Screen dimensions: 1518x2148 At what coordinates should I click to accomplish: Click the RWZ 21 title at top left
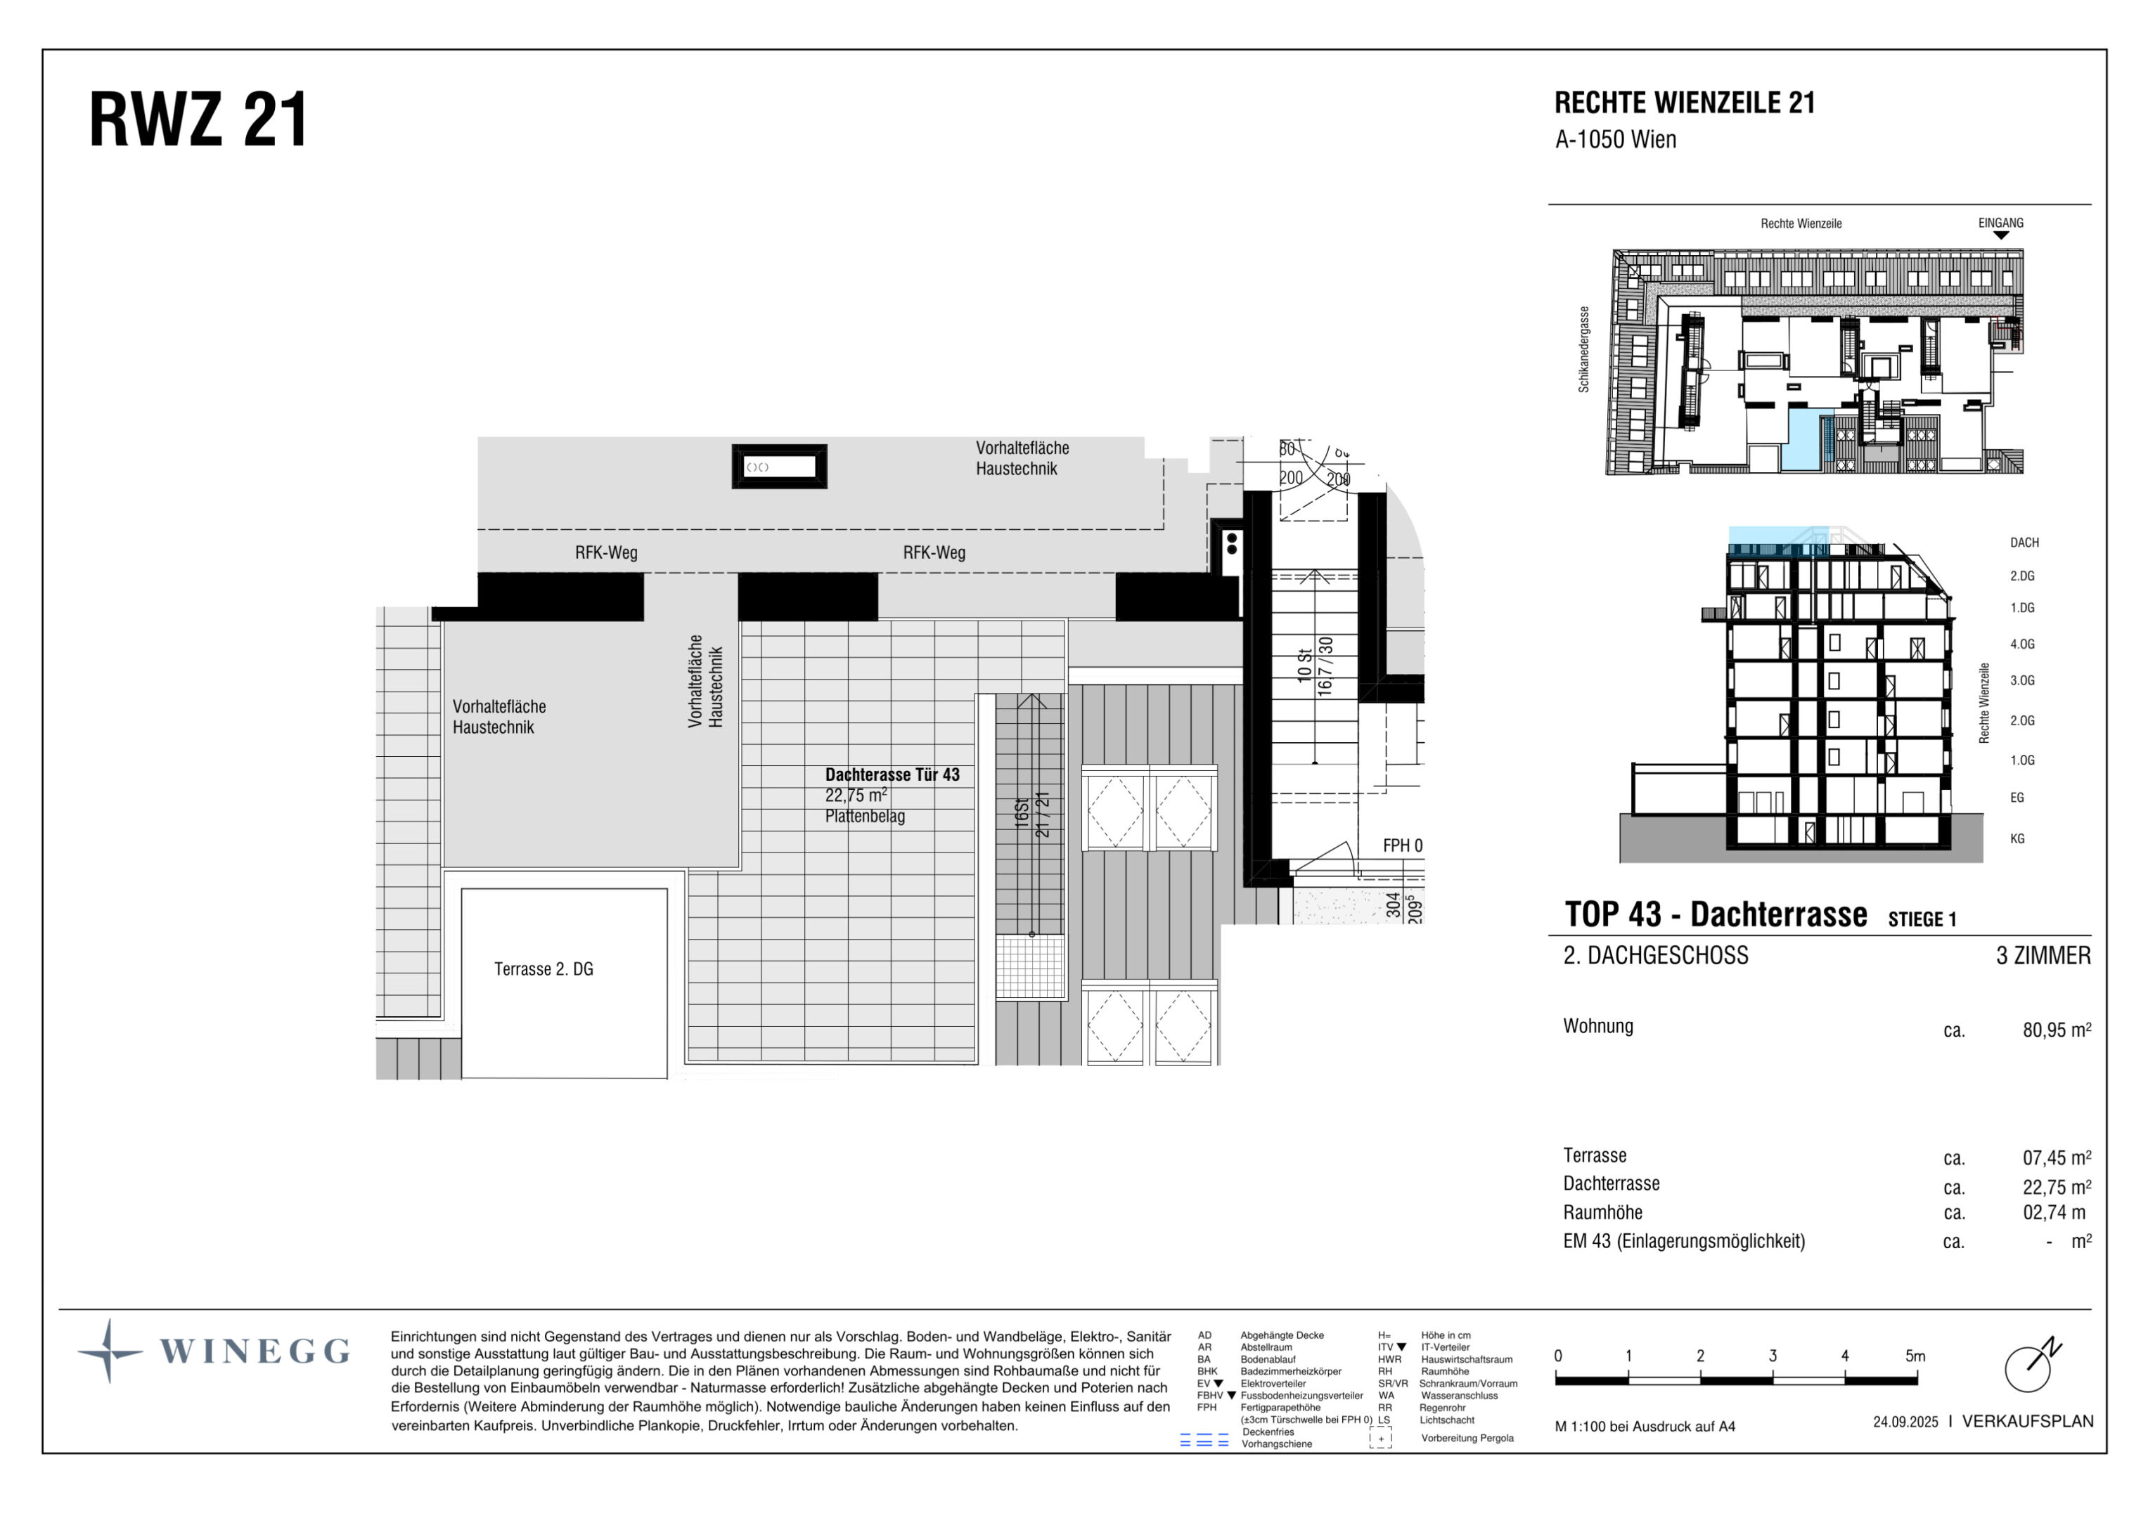[198, 121]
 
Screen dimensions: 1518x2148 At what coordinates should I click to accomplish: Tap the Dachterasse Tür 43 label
[892, 774]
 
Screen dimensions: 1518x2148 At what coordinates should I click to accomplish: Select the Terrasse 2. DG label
[544, 969]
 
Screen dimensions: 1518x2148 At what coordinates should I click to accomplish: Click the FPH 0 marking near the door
[1403, 845]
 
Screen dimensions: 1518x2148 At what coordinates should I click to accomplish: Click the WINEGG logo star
[110, 1351]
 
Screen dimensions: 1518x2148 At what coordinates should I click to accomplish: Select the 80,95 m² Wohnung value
[2055, 1030]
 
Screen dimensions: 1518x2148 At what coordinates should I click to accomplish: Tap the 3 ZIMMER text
[2043, 955]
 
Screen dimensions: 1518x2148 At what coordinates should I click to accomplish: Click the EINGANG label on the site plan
[2000, 223]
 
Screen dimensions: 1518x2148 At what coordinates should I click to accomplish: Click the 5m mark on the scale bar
[1915, 1355]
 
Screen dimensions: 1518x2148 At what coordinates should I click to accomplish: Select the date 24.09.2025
[1905, 1422]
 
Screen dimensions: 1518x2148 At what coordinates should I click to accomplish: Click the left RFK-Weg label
[606, 553]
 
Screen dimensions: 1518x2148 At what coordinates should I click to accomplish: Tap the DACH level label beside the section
[2024, 543]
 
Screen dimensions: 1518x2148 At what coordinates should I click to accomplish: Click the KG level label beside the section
[2017, 839]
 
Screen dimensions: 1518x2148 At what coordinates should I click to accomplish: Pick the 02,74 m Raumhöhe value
[2054, 1212]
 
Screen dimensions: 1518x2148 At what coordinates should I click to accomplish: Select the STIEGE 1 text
[1922, 919]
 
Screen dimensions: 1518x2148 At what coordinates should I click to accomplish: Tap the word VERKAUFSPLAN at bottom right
[2027, 1421]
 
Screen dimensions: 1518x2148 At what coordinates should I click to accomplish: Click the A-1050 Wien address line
[1615, 139]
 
